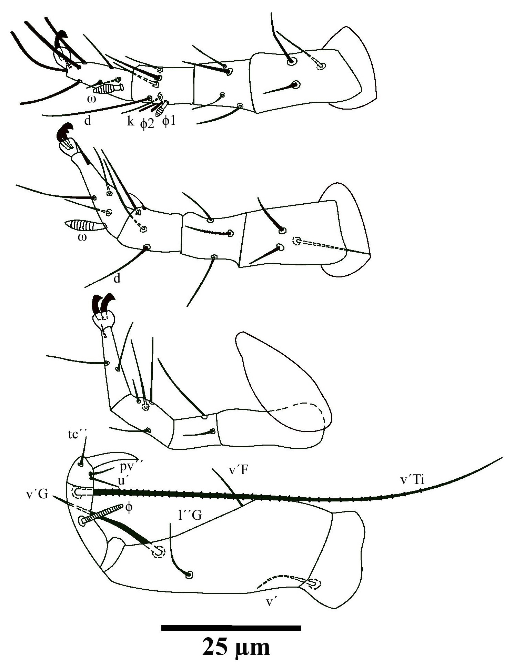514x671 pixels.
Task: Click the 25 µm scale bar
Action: [x=231, y=628]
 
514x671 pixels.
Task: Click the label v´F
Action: [x=239, y=470]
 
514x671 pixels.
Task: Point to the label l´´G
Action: [x=188, y=516]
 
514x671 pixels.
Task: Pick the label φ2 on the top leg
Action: [x=147, y=123]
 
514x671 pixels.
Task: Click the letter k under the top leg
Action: [x=130, y=121]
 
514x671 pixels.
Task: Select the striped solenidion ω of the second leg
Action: [x=85, y=226]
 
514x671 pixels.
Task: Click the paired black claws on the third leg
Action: [x=103, y=304]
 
